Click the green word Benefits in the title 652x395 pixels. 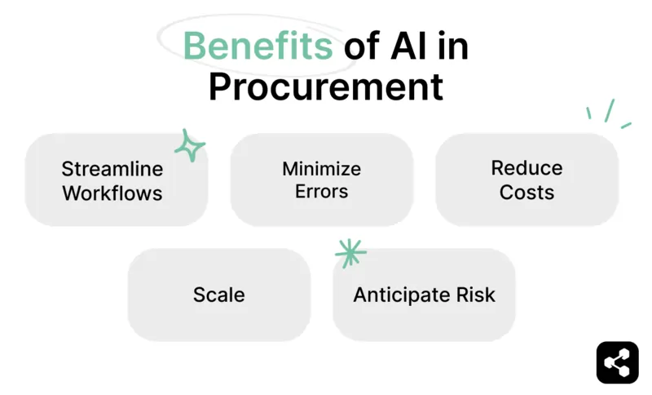[x=258, y=47]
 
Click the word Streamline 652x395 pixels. [x=112, y=169]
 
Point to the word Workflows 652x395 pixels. [x=112, y=193]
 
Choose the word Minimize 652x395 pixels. [x=321, y=169]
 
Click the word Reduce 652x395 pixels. [x=526, y=168]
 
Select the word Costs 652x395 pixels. [x=526, y=193]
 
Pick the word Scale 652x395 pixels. [x=218, y=295]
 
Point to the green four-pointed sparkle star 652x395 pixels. [x=189, y=146]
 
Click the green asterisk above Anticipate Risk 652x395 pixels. [x=350, y=253]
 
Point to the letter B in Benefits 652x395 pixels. [x=195, y=47]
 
